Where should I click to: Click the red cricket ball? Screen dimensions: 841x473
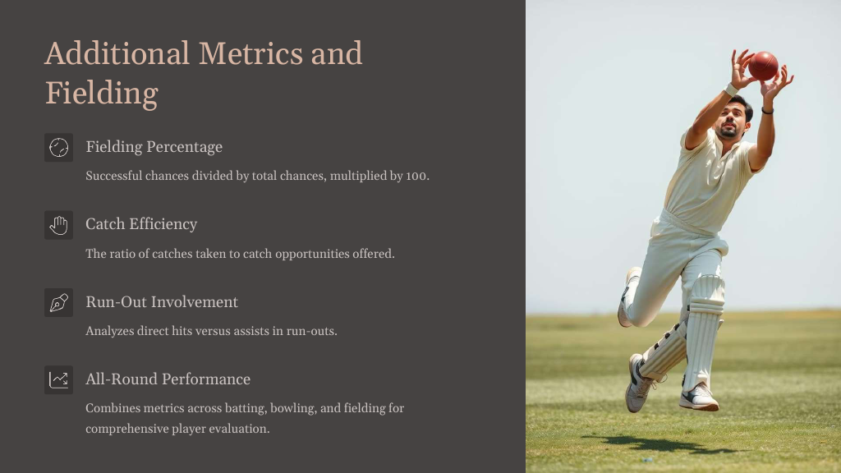[x=763, y=66]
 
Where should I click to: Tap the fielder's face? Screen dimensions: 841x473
[x=730, y=119]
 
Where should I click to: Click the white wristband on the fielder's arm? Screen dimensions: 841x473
[x=731, y=90]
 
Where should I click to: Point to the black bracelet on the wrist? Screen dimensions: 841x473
[x=768, y=111]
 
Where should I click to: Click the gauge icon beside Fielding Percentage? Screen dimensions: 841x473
[x=58, y=148]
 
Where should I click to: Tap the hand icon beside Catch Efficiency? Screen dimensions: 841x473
[x=58, y=225]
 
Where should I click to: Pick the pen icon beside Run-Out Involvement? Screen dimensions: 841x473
[x=58, y=302]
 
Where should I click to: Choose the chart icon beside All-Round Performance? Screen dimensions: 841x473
[x=58, y=379]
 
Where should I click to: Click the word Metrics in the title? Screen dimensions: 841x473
[x=250, y=53]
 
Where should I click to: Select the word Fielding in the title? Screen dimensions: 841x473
[x=101, y=94]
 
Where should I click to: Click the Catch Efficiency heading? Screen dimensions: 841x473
[x=141, y=224]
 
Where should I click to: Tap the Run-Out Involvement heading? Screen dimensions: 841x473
[x=162, y=302]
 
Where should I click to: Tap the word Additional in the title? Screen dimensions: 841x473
[x=117, y=53]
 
